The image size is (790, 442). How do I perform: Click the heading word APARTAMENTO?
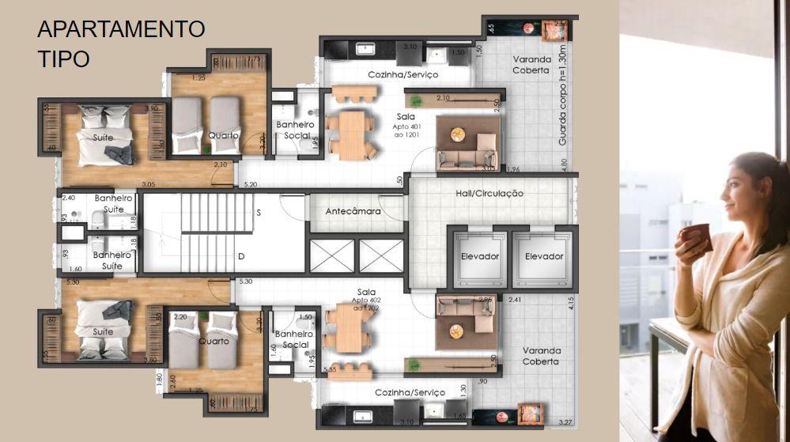tap(121, 29)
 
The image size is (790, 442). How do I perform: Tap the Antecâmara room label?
tap(353, 212)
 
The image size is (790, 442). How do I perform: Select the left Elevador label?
tap(479, 256)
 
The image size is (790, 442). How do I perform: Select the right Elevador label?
tap(544, 256)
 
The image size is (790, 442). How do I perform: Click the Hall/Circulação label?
tap(490, 193)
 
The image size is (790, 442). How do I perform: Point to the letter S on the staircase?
tap(258, 213)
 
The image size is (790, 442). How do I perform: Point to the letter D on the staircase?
tap(240, 257)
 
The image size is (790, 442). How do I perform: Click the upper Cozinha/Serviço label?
tap(403, 74)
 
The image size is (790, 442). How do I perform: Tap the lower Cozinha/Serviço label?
tap(410, 392)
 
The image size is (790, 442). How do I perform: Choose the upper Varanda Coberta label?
tap(531, 65)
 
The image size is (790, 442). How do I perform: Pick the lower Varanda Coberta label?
tap(541, 356)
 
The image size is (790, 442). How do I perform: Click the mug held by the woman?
tap(697, 237)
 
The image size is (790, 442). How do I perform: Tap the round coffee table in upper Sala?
tap(458, 135)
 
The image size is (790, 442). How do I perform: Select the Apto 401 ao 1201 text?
tap(405, 130)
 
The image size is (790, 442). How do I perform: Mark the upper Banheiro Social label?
tap(295, 130)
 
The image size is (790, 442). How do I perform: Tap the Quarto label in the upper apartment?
tap(224, 135)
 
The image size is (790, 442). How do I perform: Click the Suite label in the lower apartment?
tap(103, 332)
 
